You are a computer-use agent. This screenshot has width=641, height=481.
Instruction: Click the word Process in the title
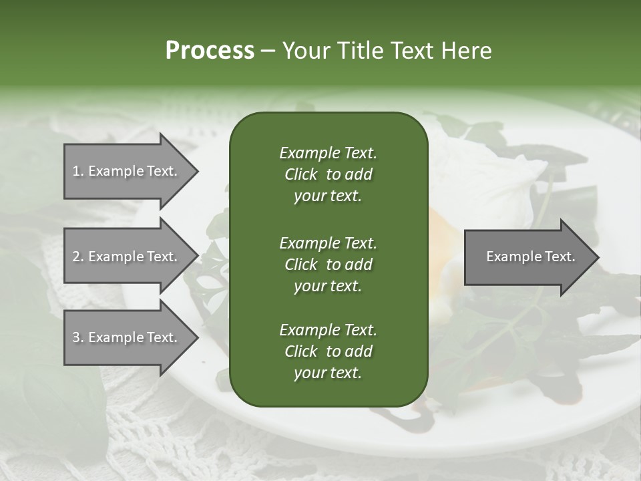coord(210,51)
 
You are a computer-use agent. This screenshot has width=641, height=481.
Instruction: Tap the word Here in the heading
coord(467,51)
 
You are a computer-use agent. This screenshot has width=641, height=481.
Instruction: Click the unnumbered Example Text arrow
coord(530,257)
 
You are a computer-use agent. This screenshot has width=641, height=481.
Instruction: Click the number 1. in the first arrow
coord(78,171)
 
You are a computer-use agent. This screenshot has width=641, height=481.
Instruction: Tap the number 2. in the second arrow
coord(78,257)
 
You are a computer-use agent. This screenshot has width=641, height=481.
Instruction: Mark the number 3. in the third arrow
coord(78,337)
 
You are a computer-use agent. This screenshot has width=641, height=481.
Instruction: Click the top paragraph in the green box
coord(328,174)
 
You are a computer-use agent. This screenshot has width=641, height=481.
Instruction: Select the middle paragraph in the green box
coord(328,265)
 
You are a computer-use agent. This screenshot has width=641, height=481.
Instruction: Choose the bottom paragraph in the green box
coord(328,351)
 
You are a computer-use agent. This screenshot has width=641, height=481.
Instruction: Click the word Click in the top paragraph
coord(301,174)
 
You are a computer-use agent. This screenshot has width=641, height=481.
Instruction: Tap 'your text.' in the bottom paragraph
coord(328,373)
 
